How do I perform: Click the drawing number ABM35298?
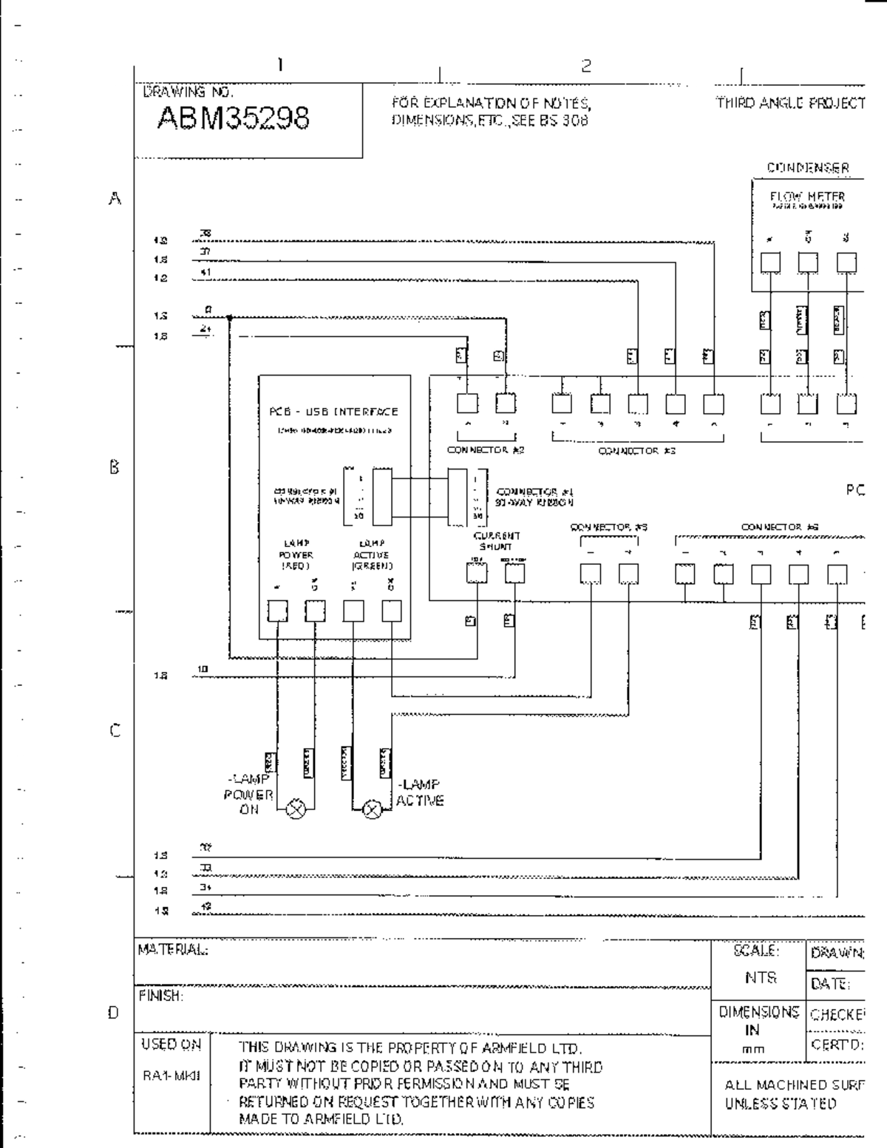[x=234, y=118]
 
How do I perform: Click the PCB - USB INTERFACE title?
[x=333, y=412]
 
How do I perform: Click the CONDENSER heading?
[x=808, y=168]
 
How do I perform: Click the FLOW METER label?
[x=806, y=197]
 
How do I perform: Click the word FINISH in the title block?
[x=160, y=996]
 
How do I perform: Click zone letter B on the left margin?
[x=115, y=467]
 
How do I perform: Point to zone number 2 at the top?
[x=586, y=66]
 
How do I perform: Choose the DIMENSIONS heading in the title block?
[x=758, y=1012]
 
